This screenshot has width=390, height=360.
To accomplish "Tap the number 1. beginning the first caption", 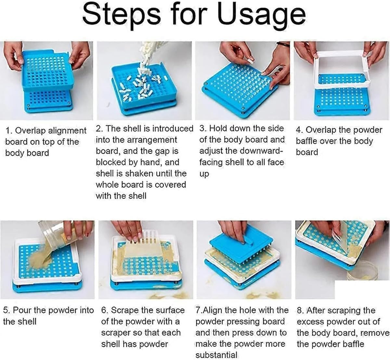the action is [9, 131].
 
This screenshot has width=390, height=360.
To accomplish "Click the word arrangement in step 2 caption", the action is [152, 140].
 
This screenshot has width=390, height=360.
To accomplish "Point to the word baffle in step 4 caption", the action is [307, 141].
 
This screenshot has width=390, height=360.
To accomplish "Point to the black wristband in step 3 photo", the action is [283, 44].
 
